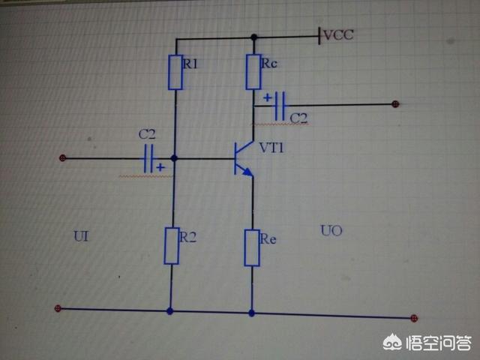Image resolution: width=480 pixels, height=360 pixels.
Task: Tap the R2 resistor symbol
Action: pyautogui.click(x=172, y=245)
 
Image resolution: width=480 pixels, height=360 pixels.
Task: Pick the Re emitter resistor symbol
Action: pyautogui.click(x=252, y=246)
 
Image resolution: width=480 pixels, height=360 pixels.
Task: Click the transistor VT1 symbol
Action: pyautogui.click(x=242, y=158)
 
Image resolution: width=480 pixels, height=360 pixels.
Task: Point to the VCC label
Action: pyautogui.click(x=338, y=34)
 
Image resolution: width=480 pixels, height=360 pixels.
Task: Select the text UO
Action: pyautogui.click(x=331, y=231)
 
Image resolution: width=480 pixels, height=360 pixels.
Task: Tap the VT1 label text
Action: pyautogui.click(x=272, y=148)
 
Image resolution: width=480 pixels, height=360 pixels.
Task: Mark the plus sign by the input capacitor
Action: pyautogui.click(x=160, y=169)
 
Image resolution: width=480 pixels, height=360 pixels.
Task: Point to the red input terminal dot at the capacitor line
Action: pyautogui.click(x=64, y=157)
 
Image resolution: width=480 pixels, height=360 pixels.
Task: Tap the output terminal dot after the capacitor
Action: pyautogui.click(x=396, y=105)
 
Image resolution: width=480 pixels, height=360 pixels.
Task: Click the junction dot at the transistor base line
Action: pyautogui.click(x=174, y=158)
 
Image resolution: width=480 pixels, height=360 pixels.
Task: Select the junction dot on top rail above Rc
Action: pyautogui.click(x=253, y=37)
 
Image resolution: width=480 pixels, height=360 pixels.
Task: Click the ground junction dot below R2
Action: pyautogui.click(x=171, y=310)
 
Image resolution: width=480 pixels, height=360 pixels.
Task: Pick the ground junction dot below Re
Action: pyautogui.click(x=251, y=312)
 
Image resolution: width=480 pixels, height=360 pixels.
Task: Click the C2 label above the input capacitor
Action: pyautogui.click(x=147, y=134)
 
